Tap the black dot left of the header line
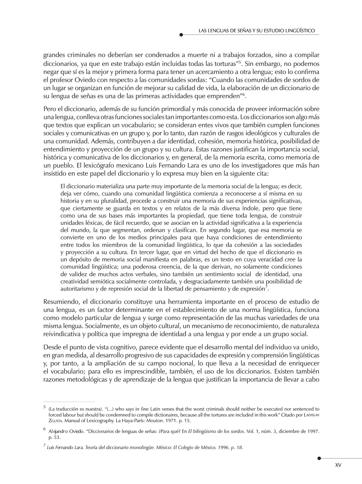(x=181, y=35)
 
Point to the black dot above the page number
(x=319, y=458)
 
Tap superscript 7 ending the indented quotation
(x=266, y=287)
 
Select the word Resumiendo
(x=60, y=302)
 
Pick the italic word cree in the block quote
(x=290, y=260)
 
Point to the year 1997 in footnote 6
(x=313, y=431)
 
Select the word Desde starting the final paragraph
(x=50, y=347)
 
